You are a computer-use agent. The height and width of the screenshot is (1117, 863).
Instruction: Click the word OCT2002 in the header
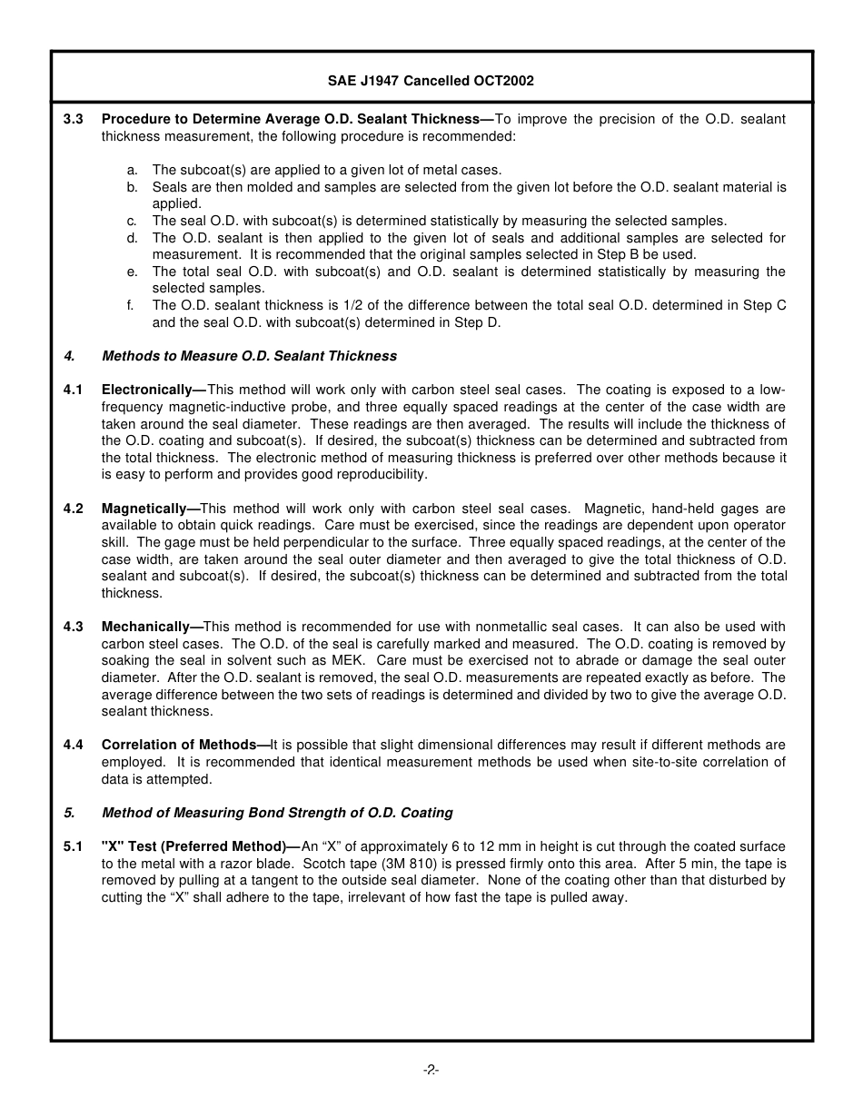(x=503, y=81)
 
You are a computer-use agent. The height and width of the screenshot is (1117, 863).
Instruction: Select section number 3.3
(x=73, y=119)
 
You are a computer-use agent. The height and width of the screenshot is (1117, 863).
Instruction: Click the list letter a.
(x=133, y=170)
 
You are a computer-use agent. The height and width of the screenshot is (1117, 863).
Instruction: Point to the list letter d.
(x=133, y=238)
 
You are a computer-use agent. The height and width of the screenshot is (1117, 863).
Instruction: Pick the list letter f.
(x=131, y=306)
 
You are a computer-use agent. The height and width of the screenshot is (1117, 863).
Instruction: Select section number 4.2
(x=73, y=509)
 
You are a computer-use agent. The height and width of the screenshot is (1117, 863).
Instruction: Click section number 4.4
(x=73, y=745)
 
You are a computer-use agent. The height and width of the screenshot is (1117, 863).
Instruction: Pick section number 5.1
(x=73, y=846)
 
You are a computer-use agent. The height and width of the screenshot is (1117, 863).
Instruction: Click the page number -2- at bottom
(x=431, y=1070)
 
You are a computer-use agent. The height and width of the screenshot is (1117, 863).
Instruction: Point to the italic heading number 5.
(x=68, y=813)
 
